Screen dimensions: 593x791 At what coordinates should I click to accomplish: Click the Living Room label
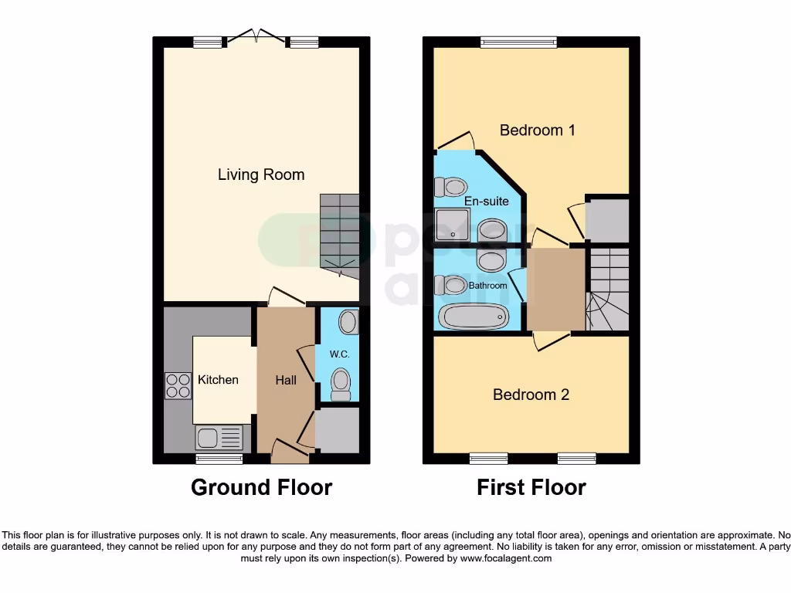click(261, 175)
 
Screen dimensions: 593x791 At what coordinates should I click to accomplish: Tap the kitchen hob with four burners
click(178, 385)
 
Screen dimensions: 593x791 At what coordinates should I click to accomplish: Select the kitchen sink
click(219, 438)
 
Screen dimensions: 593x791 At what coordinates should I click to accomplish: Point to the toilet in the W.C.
click(340, 382)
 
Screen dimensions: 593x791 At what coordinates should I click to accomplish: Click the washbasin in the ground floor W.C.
click(348, 322)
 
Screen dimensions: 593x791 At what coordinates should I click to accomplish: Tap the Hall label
click(286, 381)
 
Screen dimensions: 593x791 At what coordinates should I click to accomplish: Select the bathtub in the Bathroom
click(474, 316)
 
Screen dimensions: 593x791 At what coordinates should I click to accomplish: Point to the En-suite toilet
click(451, 187)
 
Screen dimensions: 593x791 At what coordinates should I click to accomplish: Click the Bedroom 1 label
click(538, 130)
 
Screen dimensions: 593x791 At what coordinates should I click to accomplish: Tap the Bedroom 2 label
click(531, 395)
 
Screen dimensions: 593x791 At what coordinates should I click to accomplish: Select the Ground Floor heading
click(261, 488)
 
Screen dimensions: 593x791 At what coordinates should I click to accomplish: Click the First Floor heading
click(531, 488)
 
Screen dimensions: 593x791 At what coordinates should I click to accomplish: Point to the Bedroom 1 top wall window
click(518, 42)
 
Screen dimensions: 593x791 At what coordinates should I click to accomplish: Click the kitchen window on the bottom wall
click(219, 459)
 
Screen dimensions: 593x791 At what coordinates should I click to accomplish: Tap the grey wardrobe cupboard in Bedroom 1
click(607, 219)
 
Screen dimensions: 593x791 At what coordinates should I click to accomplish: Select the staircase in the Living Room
click(340, 232)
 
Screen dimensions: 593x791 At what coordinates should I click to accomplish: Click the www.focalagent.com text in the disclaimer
click(505, 558)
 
